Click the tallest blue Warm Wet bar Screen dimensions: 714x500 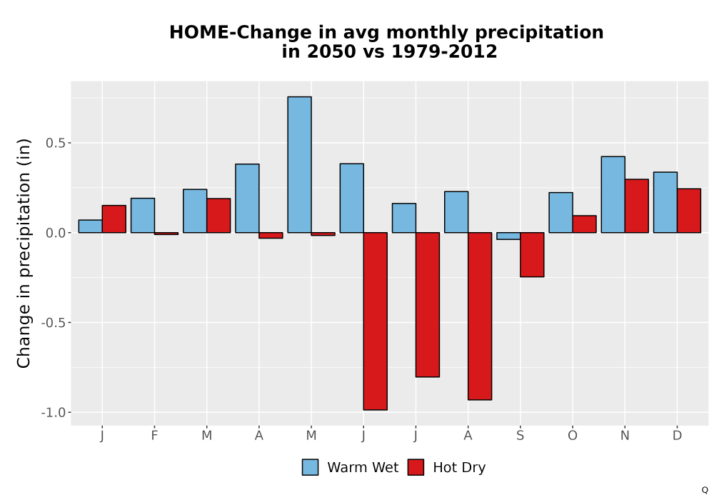click(x=300, y=164)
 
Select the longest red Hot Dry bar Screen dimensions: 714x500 click(x=376, y=321)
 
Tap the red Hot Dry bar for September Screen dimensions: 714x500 click(x=532, y=254)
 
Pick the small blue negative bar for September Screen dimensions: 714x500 click(x=508, y=236)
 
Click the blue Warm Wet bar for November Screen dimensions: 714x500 click(x=613, y=194)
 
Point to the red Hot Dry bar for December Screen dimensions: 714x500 click(x=688, y=211)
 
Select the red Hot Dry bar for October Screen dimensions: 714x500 click(x=584, y=224)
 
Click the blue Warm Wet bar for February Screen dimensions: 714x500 click(x=143, y=216)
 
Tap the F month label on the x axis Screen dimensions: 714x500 click(x=154, y=436)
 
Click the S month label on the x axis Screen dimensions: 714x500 click(x=520, y=436)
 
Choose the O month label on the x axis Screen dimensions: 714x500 click(x=573, y=436)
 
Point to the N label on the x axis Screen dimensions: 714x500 click(x=625, y=436)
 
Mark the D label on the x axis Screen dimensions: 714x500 click(x=677, y=436)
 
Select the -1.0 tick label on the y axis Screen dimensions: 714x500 click(x=54, y=413)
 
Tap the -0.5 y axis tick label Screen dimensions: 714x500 click(x=54, y=323)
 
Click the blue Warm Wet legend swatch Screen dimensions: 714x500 click(x=310, y=467)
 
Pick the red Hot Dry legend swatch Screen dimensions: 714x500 click(x=416, y=467)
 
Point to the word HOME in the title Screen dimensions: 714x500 click(x=199, y=32)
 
